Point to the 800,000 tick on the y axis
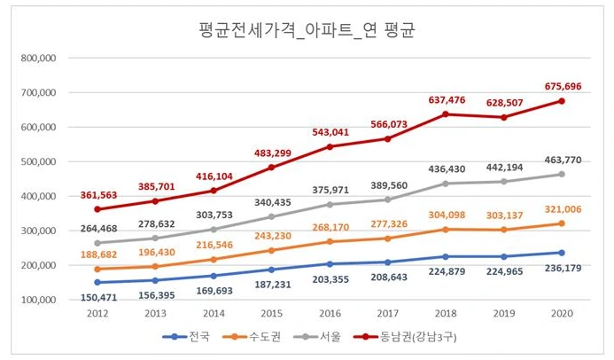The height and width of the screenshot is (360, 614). [38, 58]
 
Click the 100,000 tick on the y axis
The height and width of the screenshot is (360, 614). [38, 300]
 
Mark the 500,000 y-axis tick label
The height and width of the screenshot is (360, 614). [38, 161]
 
